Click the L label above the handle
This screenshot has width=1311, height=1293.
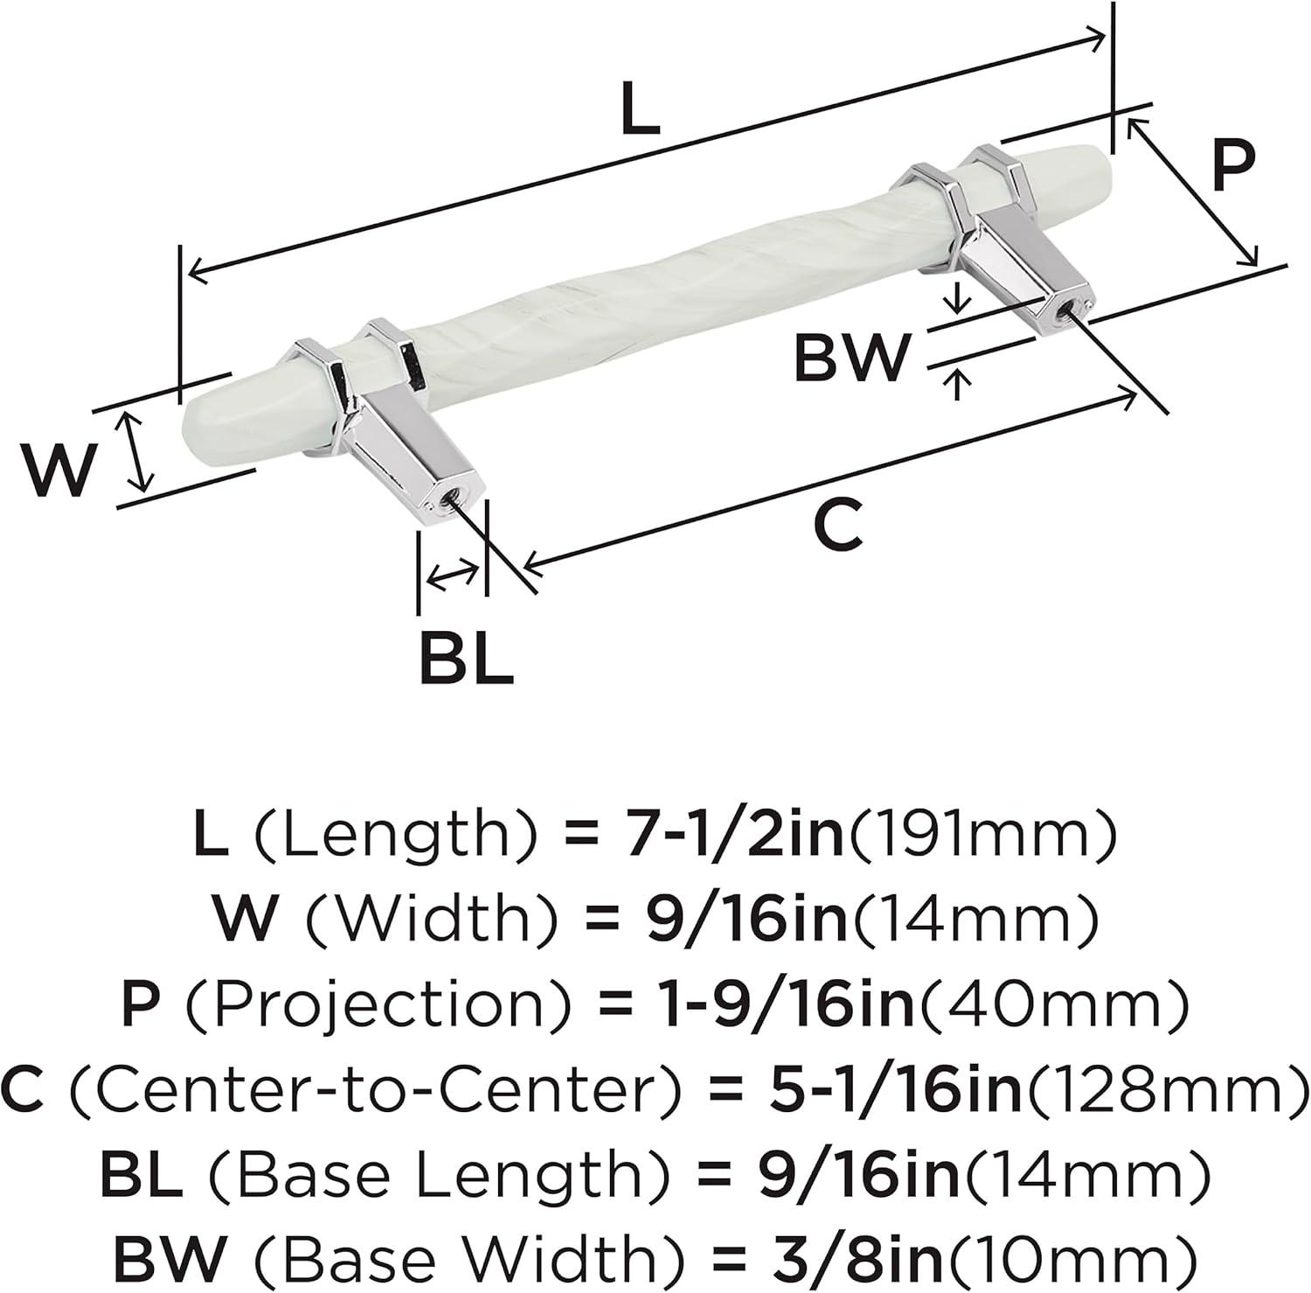tap(640, 108)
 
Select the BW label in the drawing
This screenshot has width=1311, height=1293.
tap(852, 357)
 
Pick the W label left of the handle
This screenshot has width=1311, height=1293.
tap(58, 469)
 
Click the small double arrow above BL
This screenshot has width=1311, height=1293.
tap(453, 574)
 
